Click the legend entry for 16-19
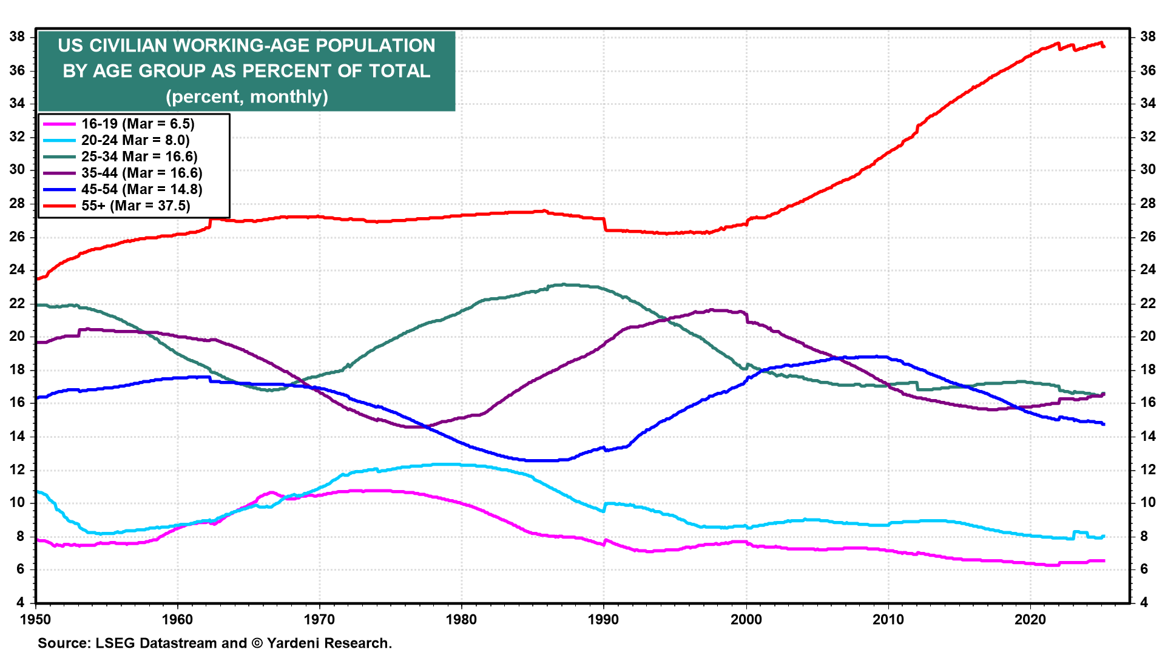pos(138,124)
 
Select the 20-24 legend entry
pos(135,140)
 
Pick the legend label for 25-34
pos(140,156)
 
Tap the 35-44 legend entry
pos(142,173)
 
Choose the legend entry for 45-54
pos(142,189)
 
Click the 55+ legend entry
pos(136,206)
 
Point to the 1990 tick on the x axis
pos(604,619)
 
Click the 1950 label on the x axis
pos(36,619)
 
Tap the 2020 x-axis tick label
pos(1030,619)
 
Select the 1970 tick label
pos(320,619)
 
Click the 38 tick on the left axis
pos(17,37)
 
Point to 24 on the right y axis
pos(1147,270)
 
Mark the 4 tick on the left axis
pos(21,602)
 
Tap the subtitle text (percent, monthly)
pos(246,96)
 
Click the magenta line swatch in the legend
pos(59,124)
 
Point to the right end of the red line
pos(1104,47)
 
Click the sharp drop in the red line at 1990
pos(605,224)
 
